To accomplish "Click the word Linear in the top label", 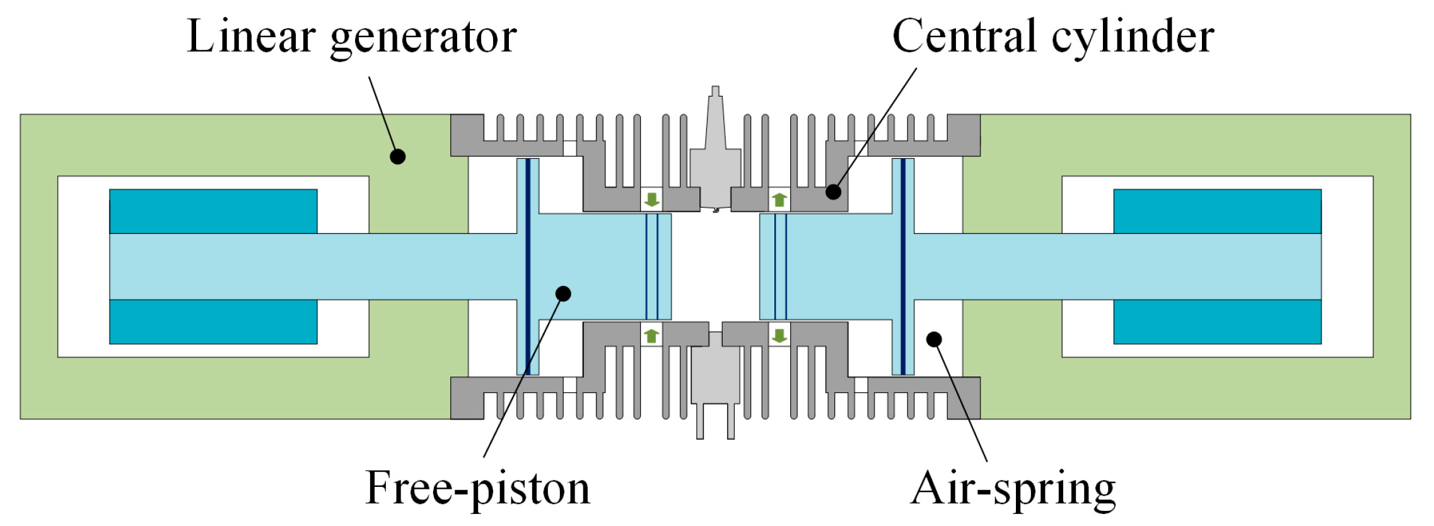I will click(x=251, y=37).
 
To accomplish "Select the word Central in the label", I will click(x=964, y=36).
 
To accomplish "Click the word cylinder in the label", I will click(x=1133, y=37).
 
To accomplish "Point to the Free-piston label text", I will click(x=477, y=488).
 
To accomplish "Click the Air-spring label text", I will click(x=1013, y=488).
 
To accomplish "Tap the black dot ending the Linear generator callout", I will click(x=397, y=156).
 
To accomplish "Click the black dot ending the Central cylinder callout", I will click(x=834, y=191).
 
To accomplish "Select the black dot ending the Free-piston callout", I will click(x=563, y=293).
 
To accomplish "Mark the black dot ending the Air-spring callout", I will click(x=934, y=339).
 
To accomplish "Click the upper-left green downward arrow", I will click(x=651, y=200).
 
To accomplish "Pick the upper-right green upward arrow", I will click(x=779, y=200).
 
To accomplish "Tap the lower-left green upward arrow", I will click(x=651, y=336).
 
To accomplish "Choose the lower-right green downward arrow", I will click(x=779, y=336).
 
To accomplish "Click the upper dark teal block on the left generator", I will click(x=213, y=211).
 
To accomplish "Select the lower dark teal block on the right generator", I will click(x=1217, y=322).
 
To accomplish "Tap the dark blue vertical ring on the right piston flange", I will click(x=903, y=266).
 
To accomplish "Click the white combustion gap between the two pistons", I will click(x=715, y=266).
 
